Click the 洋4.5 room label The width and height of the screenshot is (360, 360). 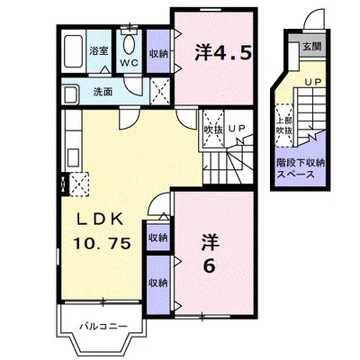[x=222, y=53]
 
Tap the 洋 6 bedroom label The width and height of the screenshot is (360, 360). [x=210, y=254]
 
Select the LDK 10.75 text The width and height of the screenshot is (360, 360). [x=102, y=231]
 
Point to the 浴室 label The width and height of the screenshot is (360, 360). [x=99, y=50]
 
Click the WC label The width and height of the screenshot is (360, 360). [x=130, y=63]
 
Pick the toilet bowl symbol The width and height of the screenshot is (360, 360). [x=129, y=44]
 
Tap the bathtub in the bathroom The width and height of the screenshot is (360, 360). [x=74, y=51]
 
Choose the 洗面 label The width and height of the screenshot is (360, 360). [x=103, y=92]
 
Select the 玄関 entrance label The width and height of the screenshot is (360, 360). [x=311, y=46]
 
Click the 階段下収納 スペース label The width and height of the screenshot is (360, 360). [x=301, y=168]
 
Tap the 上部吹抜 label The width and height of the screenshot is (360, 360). [x=284, y=125]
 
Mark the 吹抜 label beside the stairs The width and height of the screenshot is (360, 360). [x=213, y=130]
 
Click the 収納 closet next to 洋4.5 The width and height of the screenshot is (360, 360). [x=158, y=51]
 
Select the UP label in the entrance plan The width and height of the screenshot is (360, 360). [x=313, y=82]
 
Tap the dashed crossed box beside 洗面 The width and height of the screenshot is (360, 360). [x=159, y=91]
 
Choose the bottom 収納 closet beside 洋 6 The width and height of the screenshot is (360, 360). [x=158, y=284]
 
